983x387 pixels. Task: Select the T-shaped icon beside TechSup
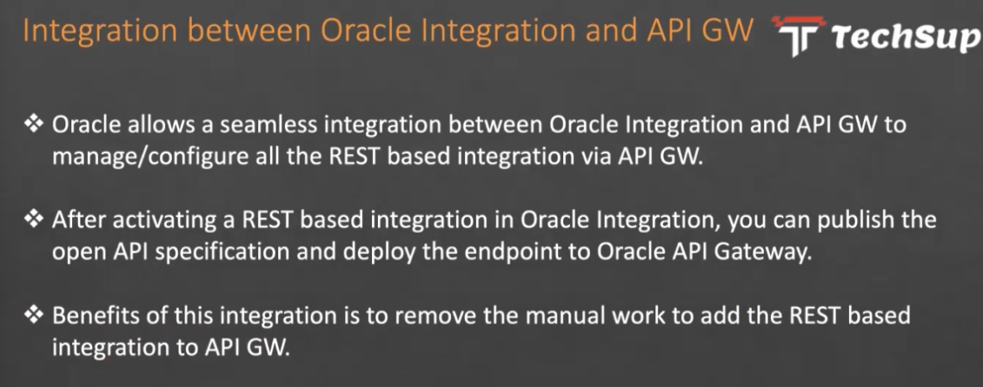click(x=799, y=35)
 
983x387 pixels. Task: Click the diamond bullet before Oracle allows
click(x=33, y=124)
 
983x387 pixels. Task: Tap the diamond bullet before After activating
click(x=33, y=219)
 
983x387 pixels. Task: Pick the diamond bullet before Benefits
click(x=33, y=314)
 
